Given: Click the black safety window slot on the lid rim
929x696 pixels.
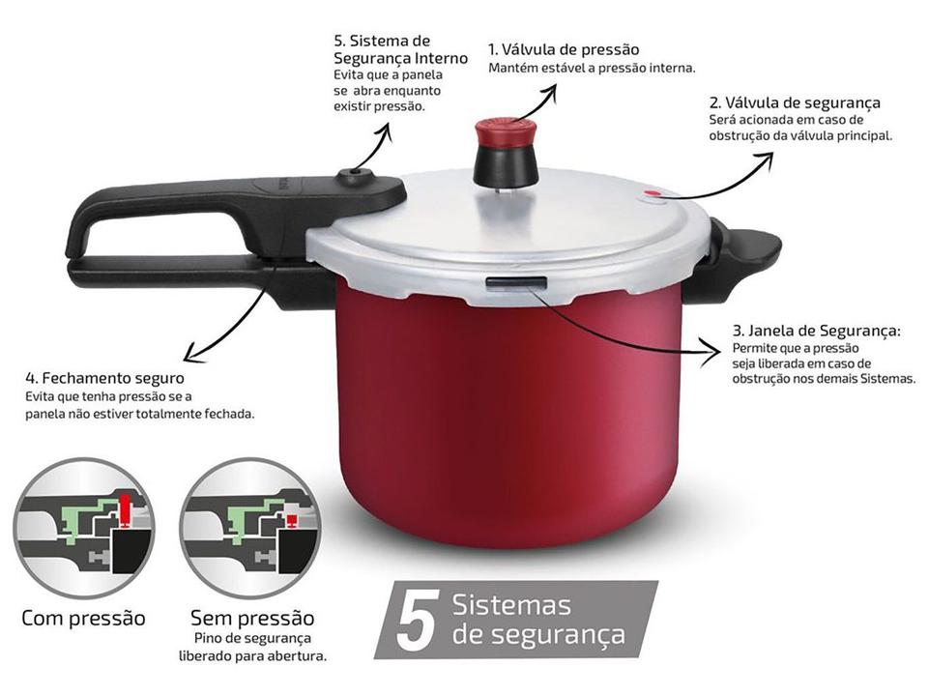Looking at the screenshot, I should tap(516, 282).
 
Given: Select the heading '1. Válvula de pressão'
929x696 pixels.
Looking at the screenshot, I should tap(564, 49).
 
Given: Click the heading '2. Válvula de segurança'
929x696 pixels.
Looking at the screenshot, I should tap(795, 102).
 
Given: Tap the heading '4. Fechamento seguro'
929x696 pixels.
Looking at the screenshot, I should tap(104, 379).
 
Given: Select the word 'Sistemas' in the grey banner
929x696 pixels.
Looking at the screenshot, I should tap(511, 606).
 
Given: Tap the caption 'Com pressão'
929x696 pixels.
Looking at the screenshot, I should tap(83, 618).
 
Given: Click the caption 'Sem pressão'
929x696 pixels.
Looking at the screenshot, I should tap(252, 618).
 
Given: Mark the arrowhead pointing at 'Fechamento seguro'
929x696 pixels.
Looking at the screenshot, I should tap(188, 356).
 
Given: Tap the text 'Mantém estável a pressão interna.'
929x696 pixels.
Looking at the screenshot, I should tap(592, 68).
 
